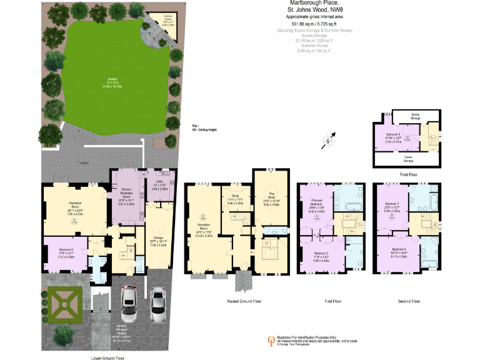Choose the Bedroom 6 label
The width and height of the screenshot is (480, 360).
[x=66, y=252]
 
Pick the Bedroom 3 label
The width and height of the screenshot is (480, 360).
[x=392, y=206]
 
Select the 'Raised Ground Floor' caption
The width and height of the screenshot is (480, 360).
[x=241, y=301]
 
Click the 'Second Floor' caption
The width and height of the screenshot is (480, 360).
[x=409, y=301]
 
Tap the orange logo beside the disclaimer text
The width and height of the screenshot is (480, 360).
[x=271, y=339]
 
